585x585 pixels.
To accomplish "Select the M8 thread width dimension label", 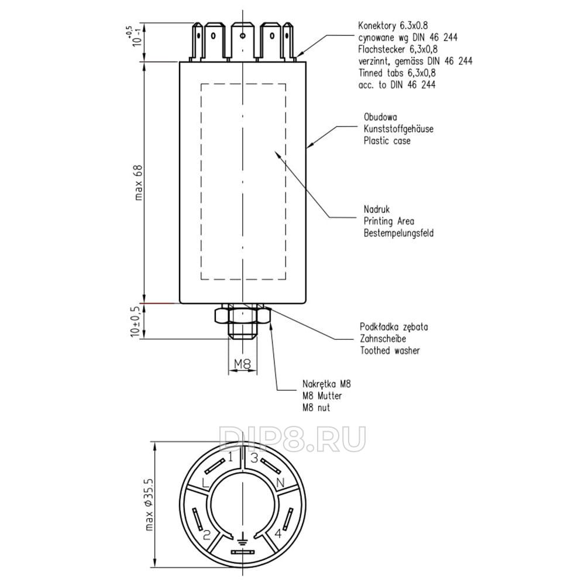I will (242, 364).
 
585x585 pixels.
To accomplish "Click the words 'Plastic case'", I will (387, 140).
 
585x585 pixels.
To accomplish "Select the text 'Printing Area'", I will (388, 221).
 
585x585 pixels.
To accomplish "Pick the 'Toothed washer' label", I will (390, 350).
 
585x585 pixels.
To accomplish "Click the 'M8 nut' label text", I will (316, 407).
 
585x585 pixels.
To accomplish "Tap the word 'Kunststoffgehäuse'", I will (398, 129).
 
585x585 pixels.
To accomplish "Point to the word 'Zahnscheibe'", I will (383, 339).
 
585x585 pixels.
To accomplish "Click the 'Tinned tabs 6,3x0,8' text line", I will (397, 73).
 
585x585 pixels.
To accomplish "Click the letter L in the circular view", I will (204, 483).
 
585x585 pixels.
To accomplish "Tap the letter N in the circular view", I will (280, 483).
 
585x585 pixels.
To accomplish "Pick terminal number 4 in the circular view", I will (278, 534).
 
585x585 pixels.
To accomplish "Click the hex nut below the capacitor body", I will (242, 315).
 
